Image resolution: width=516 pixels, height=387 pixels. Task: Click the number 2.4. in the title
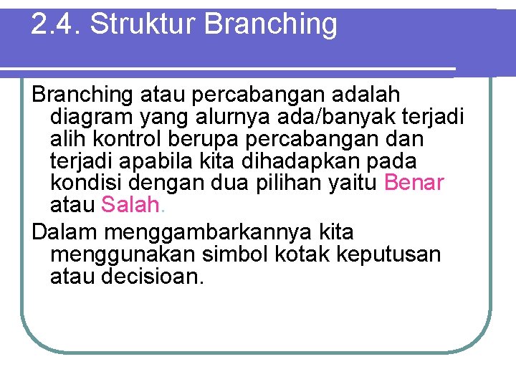tap(57, 24)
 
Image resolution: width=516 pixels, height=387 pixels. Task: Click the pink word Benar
tap(414, 183)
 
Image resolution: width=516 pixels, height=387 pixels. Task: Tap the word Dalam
tap(65, 233)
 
